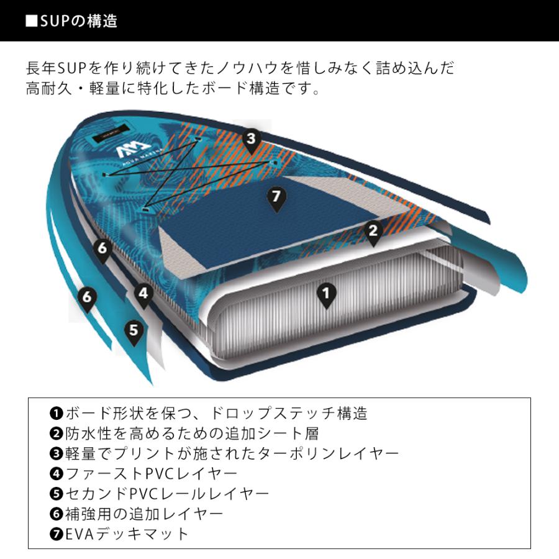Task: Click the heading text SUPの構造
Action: point(78,21)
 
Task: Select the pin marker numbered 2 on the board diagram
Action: point(373,232)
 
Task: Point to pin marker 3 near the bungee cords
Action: point(250,139)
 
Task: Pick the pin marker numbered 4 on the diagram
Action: point(143,294)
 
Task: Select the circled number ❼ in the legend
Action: point(56,534)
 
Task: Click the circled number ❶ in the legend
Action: point(56,412)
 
